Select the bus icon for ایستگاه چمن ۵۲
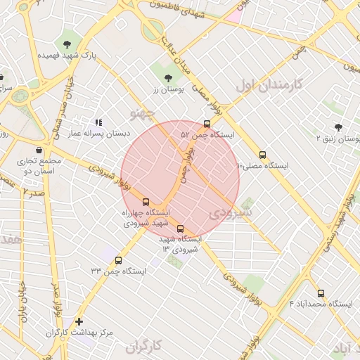point(205,123)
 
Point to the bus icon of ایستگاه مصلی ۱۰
point(262,155)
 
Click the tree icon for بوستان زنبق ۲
point(338,127)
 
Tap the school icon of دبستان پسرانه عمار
point(98,122)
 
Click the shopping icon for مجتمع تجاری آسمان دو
point(38,150)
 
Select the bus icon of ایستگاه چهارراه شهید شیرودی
point(146,201)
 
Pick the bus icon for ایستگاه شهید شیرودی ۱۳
point(180,229)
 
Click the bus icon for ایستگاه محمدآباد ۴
point(321,292)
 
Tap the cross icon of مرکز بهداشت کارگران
point(79,321)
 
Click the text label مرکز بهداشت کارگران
point(80,333)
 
